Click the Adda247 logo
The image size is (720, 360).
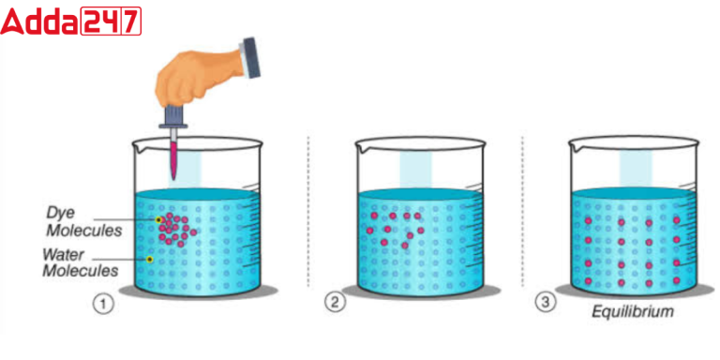pyautogui.click(x=71, y=22)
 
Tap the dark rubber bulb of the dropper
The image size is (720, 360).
pyautogui.click(x=174, y=118)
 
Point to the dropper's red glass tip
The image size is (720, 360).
pyautogui.click(x=173, y=159)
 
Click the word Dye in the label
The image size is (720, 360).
pyautogui.click(x=62, y=212)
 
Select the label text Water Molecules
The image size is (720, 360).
pyautogui.click(x=80, y=262)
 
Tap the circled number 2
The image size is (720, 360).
pyautogui.click(x=334, y=302)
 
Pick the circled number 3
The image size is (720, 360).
pyautogui.click(x=545, y=302)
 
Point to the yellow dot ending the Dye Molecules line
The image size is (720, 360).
pyautogui.click(x=159, y=220)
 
